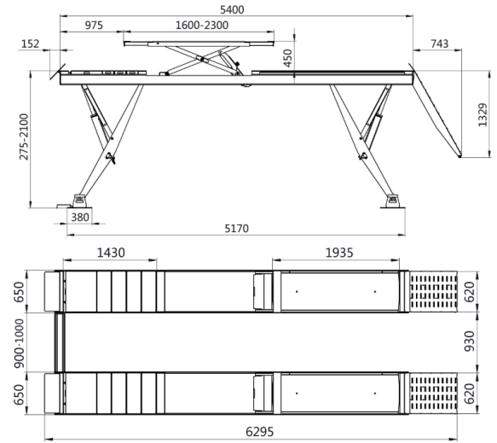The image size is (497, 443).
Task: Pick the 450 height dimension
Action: (287, 58)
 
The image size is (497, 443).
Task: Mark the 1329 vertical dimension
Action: (482, 114)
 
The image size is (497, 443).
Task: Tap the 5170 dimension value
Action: (235, 229)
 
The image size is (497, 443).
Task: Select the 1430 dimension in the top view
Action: (112, 254)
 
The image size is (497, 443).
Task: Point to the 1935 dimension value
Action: (337, 254)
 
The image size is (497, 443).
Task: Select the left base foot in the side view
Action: (81, 200)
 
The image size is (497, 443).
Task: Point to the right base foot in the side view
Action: (393, 200)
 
